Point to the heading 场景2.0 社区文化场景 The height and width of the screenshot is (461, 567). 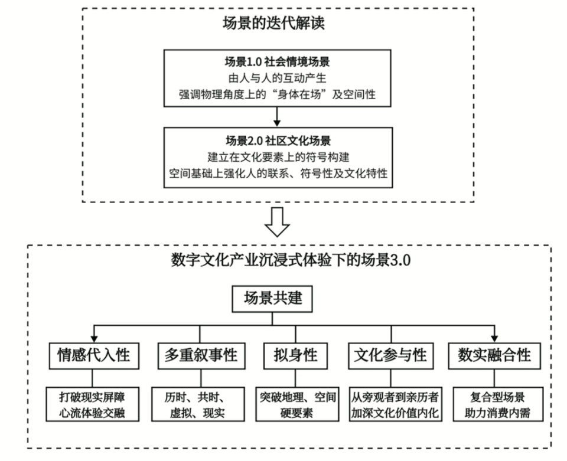(278, 140)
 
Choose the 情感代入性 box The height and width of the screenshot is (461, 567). (93, 355)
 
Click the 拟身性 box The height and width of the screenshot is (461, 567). (295, 355)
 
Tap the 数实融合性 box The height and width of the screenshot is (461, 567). (494, 355)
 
